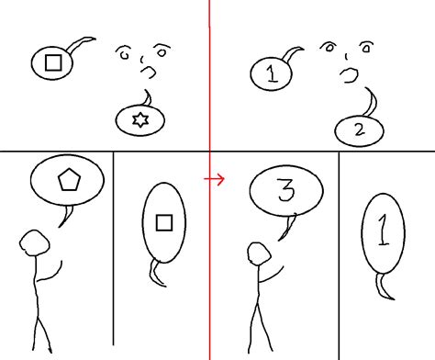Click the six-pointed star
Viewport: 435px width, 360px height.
140,119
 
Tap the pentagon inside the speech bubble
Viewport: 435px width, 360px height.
69,179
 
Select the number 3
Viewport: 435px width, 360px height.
286,190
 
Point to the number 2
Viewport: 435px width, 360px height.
360,129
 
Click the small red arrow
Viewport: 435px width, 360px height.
215,178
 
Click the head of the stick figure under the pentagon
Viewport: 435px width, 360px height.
35,243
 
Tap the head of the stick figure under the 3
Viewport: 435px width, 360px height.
259,253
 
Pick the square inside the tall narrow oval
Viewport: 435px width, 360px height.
164,222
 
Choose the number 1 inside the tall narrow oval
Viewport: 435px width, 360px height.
383,230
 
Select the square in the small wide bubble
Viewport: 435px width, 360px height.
53,62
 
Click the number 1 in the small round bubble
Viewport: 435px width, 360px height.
272,74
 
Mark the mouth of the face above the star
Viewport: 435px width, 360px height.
149,72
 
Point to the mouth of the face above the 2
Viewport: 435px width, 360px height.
349,75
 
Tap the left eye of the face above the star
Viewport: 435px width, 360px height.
124,52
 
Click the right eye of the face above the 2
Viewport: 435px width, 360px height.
366,48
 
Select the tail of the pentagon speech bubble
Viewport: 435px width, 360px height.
66,217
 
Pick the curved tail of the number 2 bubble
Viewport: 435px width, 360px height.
372,102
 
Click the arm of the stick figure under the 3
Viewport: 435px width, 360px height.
272,276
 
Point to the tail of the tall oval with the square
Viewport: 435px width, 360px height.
156,274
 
